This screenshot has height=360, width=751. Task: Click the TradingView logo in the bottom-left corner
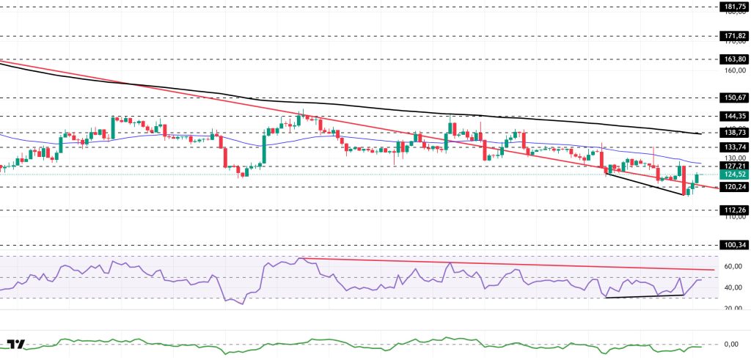point(16,345)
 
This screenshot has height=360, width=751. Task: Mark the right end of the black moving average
point(702,133)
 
